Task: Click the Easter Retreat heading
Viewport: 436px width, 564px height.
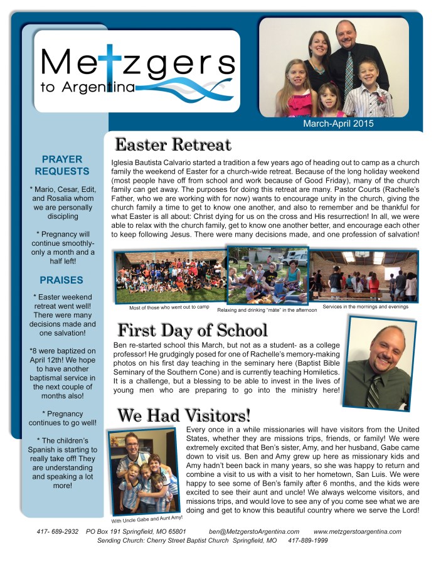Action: coord(173,145)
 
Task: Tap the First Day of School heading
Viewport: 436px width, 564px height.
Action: coord(193,330)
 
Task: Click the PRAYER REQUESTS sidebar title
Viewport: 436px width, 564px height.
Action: coord(62,166)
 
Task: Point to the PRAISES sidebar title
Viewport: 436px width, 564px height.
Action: coord(62,280)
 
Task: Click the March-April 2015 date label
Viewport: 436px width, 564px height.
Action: coord(338,124)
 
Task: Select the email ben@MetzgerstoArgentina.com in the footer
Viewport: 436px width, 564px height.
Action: coord(254,531)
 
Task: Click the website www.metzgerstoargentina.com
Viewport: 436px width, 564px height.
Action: coord(357,531)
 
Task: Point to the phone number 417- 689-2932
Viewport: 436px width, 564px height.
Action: coord(58,531)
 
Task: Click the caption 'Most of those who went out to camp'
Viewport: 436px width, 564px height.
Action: coord(169,307)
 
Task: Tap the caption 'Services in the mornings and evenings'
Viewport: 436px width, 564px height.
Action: coord(364,306)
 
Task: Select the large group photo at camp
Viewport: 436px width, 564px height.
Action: coord(169,276)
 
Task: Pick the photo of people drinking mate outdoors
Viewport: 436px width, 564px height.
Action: coord(267,276)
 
